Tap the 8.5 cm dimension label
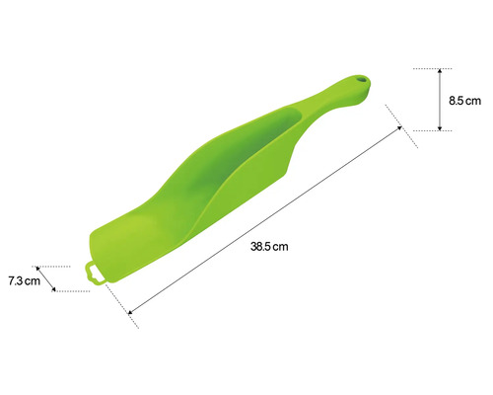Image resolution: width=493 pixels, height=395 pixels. coord(464,100)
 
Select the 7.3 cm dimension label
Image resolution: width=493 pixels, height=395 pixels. coord(23,281)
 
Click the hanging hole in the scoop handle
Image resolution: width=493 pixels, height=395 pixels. coord(361,81)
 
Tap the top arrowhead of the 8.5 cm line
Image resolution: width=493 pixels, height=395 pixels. coord(441,72)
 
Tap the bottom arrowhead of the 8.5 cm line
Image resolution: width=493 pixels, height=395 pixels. coord(441,126)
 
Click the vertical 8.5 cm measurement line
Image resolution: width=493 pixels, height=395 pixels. coord(441,99)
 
